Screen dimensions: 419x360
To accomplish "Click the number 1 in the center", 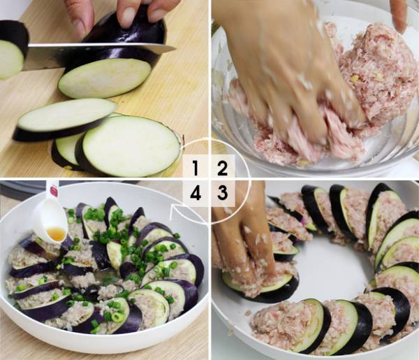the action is (196, 168).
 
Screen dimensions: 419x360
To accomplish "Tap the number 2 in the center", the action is (222, 168).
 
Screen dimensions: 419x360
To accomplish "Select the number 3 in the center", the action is (222, 192).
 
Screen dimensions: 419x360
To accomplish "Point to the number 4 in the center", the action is (196, 192).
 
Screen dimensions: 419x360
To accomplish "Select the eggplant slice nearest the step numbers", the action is (131, 146).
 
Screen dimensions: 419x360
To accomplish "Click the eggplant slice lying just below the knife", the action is (105, 78).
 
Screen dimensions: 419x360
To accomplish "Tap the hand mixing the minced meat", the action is (284, 67).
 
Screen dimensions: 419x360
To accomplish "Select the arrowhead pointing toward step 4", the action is (174, 209).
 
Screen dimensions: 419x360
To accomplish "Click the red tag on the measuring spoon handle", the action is (54, 191).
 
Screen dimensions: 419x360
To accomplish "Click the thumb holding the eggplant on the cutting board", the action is (80, 19).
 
